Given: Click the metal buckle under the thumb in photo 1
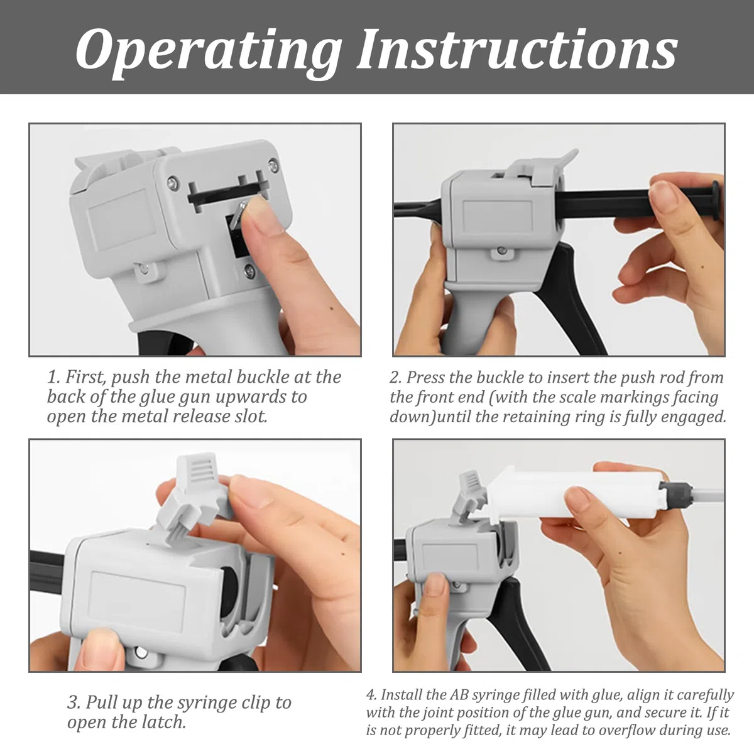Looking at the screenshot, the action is click(x=236, y=217).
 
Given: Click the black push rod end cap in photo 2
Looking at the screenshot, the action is click(x=715, y=200).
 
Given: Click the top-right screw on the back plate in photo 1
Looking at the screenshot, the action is click(x=274, y=165).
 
